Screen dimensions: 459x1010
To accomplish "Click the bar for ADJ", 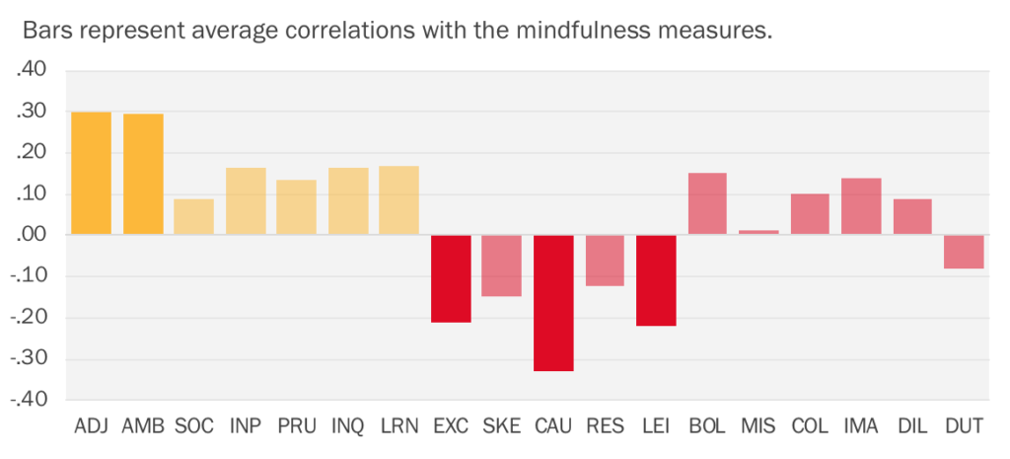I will [91, 174].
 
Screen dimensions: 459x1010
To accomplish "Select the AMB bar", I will [143, 175].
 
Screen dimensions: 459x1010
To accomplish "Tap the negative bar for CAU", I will [553, 303].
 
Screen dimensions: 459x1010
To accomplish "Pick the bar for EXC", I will [451, 278].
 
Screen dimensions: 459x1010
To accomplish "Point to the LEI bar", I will [656, 280].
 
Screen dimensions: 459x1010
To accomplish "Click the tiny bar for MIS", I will [758, 232].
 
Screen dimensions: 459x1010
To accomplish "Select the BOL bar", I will [707, 204].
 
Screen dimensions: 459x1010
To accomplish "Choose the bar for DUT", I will [964, 252].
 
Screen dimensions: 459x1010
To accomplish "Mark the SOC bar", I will [194, 217].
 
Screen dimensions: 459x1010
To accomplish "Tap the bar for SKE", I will [502, 266].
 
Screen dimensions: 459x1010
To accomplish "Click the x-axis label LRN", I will [399, 426].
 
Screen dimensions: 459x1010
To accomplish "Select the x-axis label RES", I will [605, 426].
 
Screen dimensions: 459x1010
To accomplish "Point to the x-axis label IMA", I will [861, 426].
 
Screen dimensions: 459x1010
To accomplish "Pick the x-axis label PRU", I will [296, 426].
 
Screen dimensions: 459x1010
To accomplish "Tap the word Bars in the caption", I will [47, 31].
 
